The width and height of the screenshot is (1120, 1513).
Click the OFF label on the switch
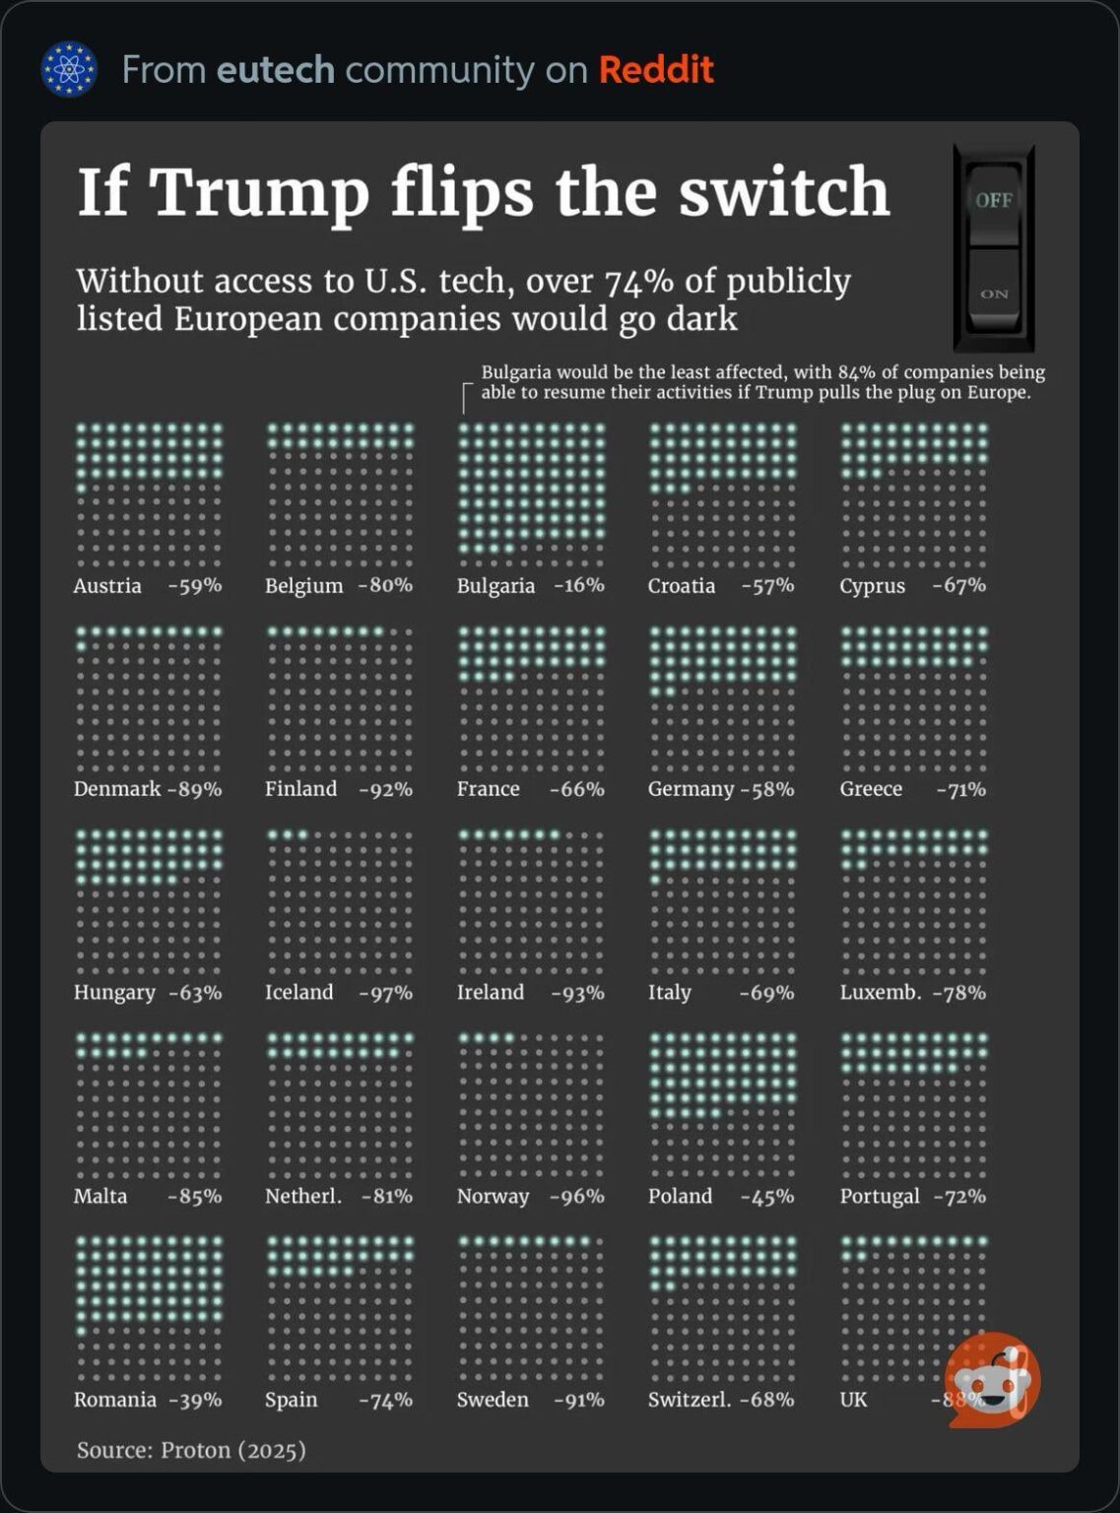pos(993,200)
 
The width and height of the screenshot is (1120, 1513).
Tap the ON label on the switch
pos(993,294)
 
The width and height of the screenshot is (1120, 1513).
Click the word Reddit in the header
pos(656,70)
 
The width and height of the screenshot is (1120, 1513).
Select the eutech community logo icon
pos(69,69)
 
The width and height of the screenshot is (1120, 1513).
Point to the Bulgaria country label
pos(495,586)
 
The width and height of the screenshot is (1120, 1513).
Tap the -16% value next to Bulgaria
pos(579,585)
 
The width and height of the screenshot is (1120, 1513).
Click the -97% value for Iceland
pos(386,993)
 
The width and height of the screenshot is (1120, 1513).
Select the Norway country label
pos(493,1197)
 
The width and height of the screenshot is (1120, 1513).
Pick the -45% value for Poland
pos(767,1197)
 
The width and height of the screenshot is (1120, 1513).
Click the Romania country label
pos(114,1400)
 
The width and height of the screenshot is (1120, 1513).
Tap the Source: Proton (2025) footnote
pos(191,1450)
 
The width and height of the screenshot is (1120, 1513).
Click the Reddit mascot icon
pos(993,1379)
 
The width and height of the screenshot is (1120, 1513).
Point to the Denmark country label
pos(116,789)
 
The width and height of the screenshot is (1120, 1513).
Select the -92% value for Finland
pos(386,789)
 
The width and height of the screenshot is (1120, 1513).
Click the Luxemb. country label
pos(880,993)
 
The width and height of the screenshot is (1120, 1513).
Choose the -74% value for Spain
pos(386,1400)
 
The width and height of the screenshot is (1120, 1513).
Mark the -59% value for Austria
pos(195,586)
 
